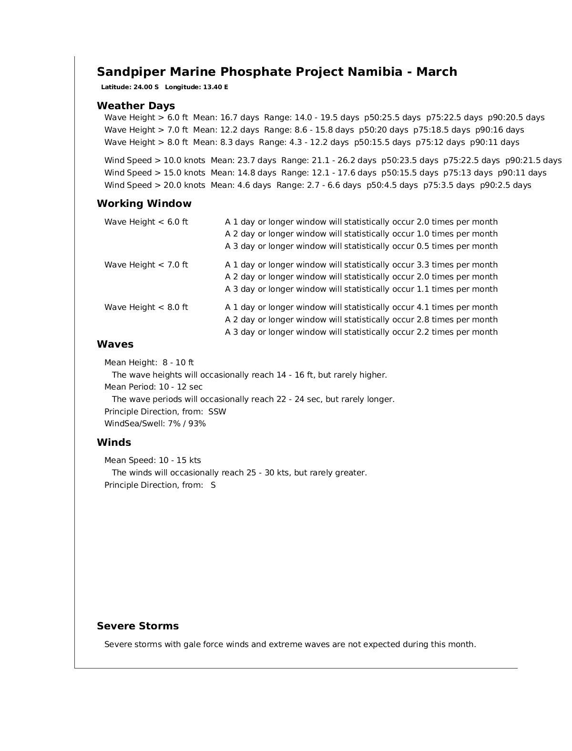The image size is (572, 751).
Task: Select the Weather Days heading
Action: point(136,106)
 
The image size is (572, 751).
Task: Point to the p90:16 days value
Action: point(500,130)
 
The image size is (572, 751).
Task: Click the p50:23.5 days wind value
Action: point(409,161)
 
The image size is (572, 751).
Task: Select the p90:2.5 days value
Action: point(505,185)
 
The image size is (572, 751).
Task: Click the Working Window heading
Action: point(144,204)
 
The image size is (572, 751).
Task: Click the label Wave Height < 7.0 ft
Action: point(146,265)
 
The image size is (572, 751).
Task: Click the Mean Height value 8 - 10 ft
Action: point(178,363)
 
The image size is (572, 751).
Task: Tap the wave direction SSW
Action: point(217,412)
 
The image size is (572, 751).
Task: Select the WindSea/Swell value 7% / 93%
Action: point(186,424)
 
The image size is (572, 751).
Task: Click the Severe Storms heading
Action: point(138,626)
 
